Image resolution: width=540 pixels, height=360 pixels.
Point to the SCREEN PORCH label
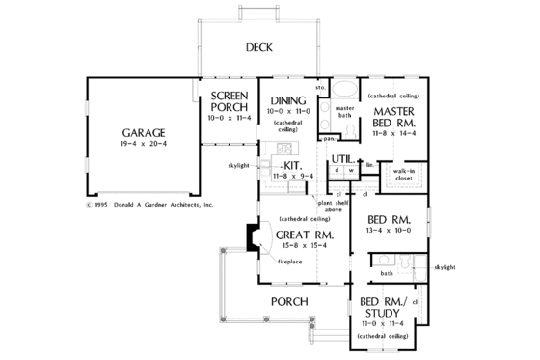tap(229, 103)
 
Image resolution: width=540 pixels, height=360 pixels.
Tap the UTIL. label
tap(341, 157)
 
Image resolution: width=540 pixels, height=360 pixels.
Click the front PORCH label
tap(289, 302)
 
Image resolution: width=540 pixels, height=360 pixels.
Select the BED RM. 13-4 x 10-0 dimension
tap(391, 231)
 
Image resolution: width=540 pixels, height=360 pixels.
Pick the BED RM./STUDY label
tap(381, 307)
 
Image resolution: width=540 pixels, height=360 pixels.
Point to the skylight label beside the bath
tap(445, 266)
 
